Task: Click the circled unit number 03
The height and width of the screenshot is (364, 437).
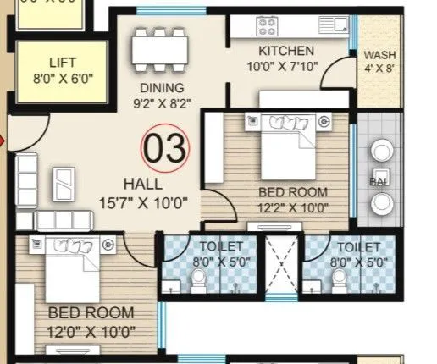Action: point(165,149)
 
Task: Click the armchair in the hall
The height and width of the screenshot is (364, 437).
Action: point(64,180)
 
